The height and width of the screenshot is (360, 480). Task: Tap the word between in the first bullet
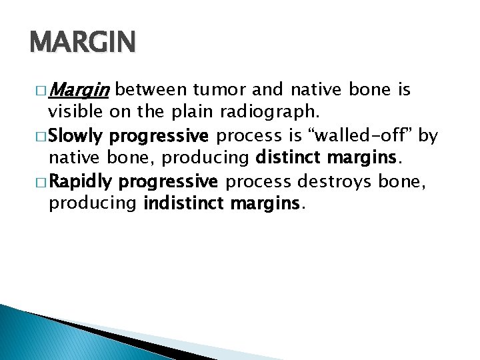[x=152, y=89]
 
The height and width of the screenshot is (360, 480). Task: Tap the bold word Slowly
[x=75, y=137]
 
